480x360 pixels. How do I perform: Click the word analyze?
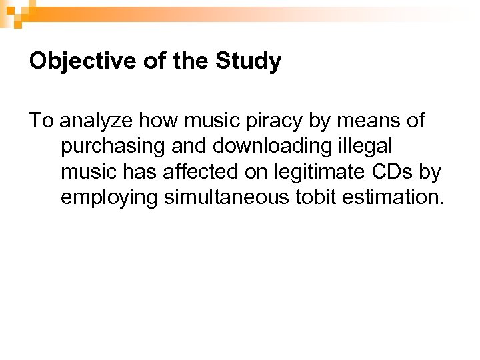(91, 121)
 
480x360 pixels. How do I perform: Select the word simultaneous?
(237, 197)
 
